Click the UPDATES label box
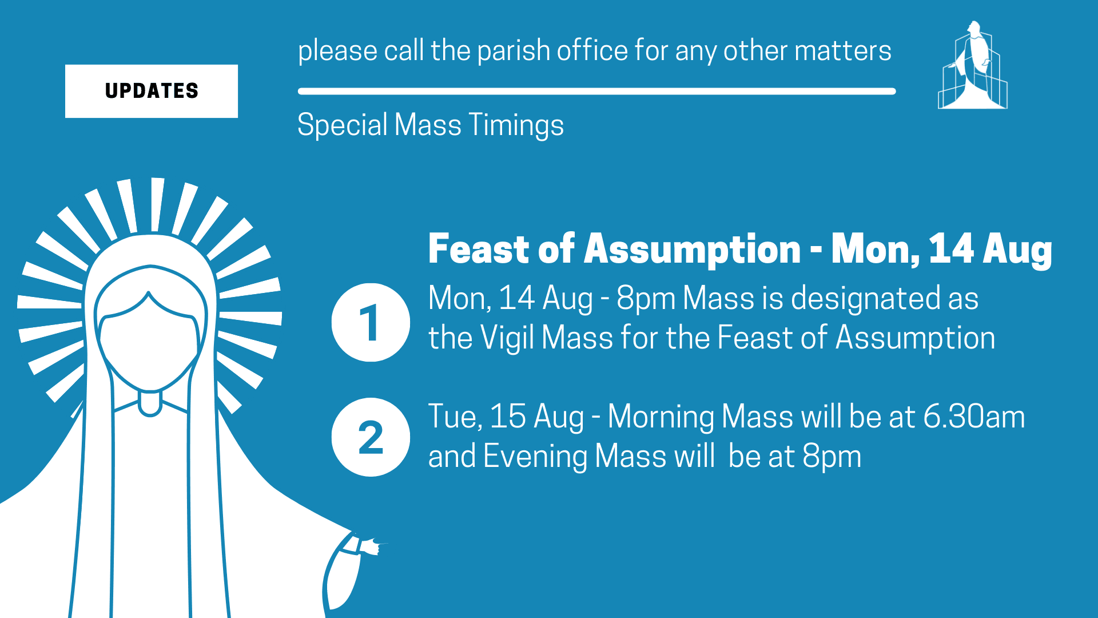(152, 91)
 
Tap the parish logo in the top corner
(973, 66)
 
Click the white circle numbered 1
(371, 322)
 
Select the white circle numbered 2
(371, 437)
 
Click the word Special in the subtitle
(342, 125)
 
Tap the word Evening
(535, 457)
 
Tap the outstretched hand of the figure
(372, 546)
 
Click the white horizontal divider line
(596, 91)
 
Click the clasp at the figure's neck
(150, 403)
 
